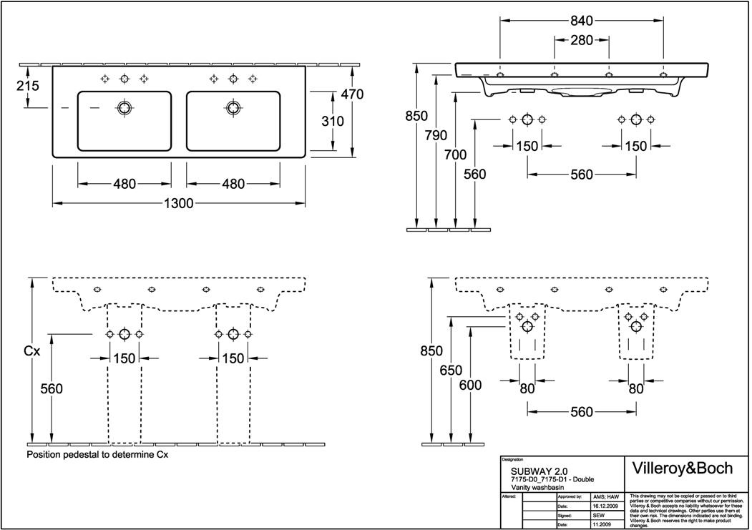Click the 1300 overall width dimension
(179, 204)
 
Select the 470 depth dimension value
(352, 94)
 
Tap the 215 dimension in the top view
(27, 86)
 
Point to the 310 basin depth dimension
(332, 122)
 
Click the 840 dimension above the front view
(581, 21)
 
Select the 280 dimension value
(581, 41)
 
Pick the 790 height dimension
(436, 135)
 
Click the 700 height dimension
(455, 154)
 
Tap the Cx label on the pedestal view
(32, 351)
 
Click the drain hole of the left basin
(124, 108)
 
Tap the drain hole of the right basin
(233, 108)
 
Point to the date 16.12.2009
(606, 506)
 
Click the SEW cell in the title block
(600, 515)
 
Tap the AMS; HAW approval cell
(606, 496)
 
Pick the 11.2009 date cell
(602, 524)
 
